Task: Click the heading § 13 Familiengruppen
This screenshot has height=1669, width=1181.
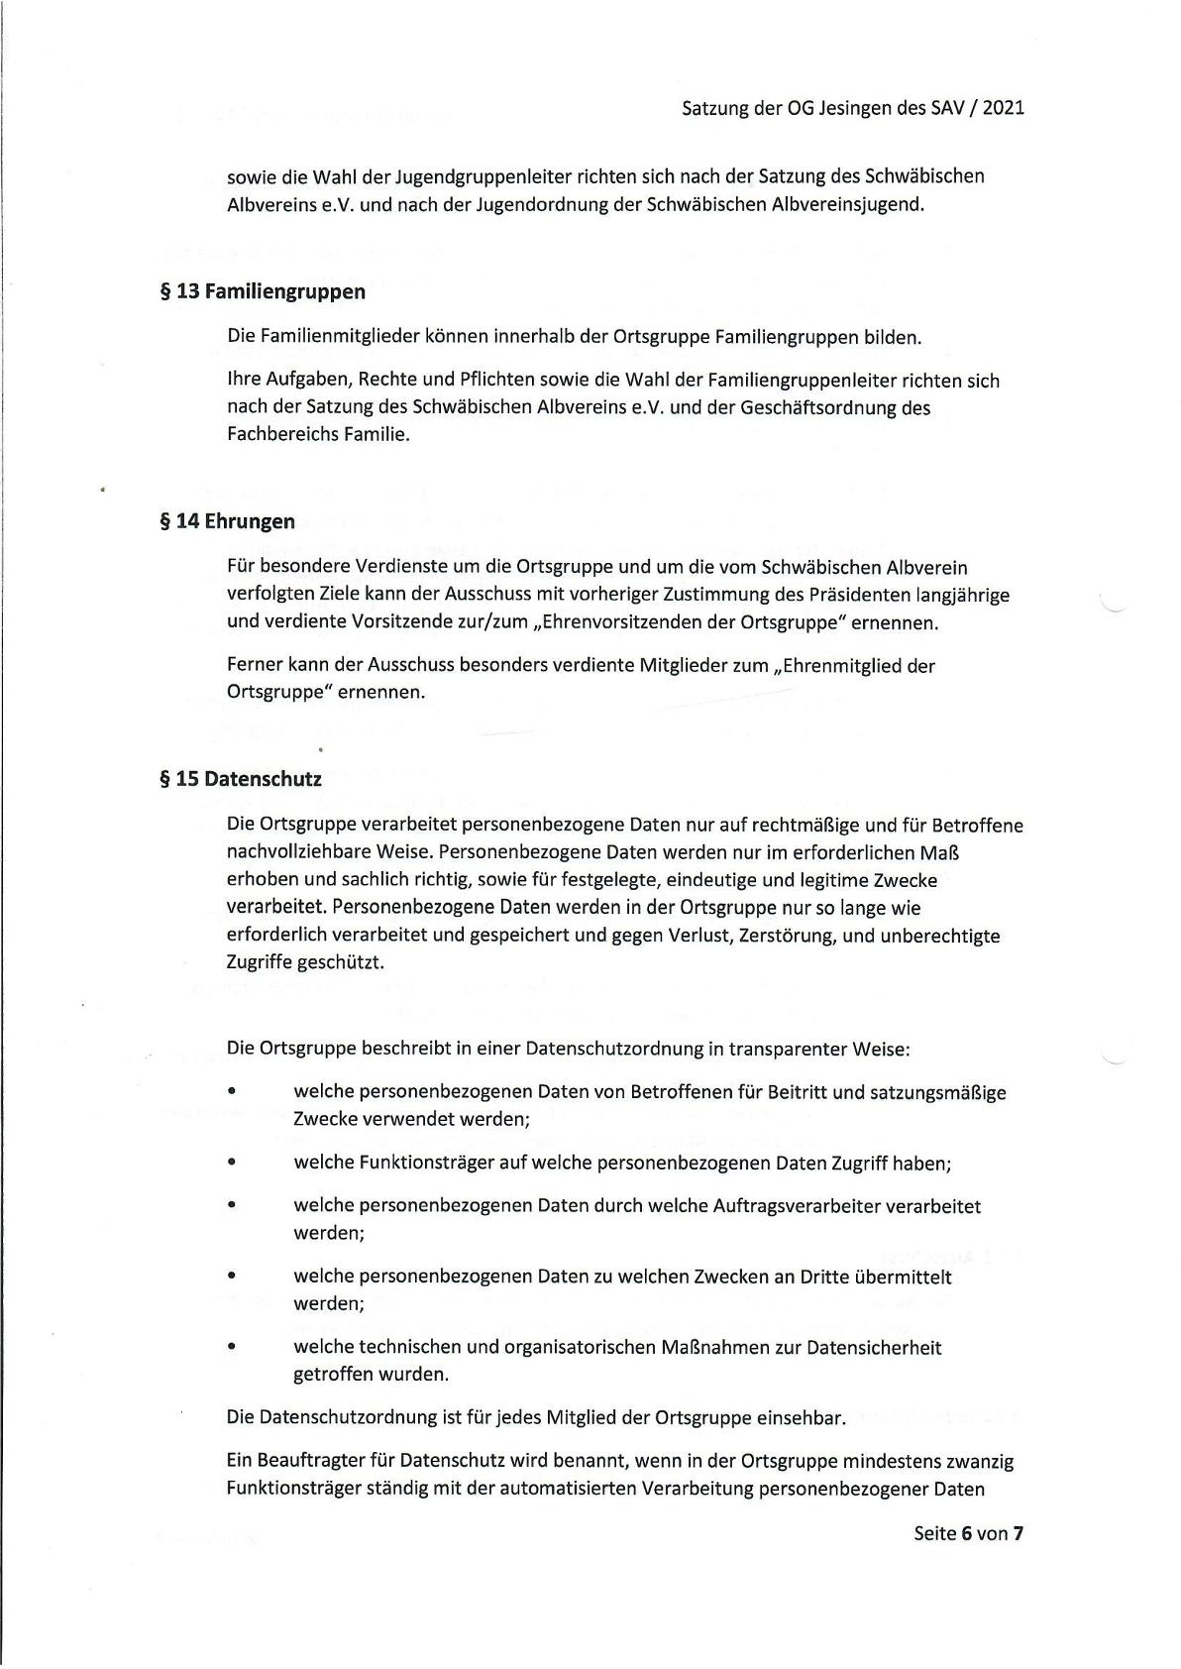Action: coord(262,291)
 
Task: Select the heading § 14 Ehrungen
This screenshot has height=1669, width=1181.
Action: coord(227,521)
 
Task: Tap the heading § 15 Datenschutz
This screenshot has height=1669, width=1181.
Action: coord(241,779)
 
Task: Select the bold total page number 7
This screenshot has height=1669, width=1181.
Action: coord(1018,1532)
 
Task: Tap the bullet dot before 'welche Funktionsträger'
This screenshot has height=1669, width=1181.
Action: coord(231,1164)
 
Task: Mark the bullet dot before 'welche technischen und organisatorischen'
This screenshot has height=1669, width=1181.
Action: coord(231,1348)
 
